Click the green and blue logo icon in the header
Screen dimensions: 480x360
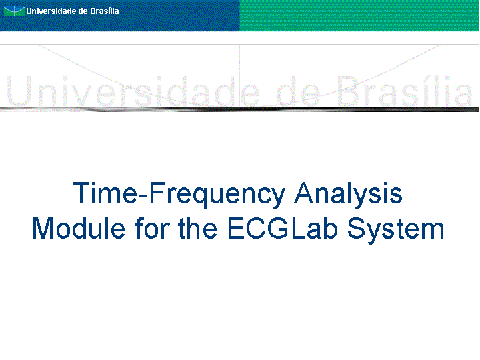pos(14,11)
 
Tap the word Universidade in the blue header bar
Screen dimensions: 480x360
pos(51,11)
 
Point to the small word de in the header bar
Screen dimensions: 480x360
pos(83,11)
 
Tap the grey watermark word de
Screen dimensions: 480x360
pos(298,91)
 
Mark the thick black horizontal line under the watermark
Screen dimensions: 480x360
pos(240,109)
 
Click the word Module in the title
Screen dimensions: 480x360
pos(79,228)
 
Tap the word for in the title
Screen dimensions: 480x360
pos(153,228)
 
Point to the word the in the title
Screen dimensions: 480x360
pos(198,228)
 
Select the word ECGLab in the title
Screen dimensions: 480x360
pos(283,228)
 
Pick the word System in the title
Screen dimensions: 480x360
pos(395,231)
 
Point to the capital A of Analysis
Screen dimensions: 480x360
pos(305,193)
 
